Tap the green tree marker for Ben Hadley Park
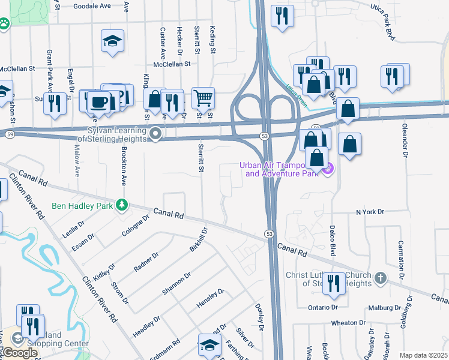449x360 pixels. [122, 205]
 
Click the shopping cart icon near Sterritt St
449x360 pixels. [203, 97]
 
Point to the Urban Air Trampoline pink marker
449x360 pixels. [328, 170]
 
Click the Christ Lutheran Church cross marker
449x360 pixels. [379, 278]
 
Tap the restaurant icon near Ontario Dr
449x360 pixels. [334, 283]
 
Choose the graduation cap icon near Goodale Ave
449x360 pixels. [112, 40]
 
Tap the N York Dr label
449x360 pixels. [369, 212]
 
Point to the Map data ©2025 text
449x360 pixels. [423, 355]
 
